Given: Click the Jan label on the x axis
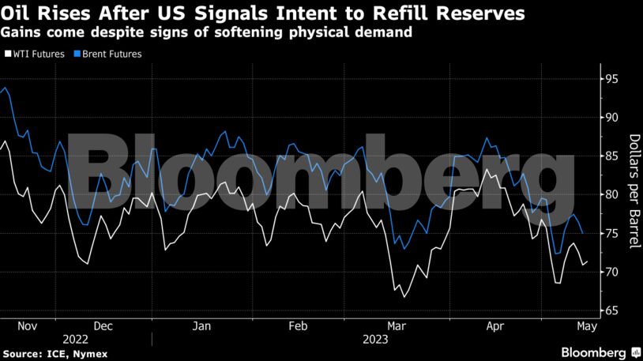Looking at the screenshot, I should pos(201,326).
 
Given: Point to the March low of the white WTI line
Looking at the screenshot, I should pos(404,297).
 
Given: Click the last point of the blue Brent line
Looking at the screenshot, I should pos(583,233).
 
